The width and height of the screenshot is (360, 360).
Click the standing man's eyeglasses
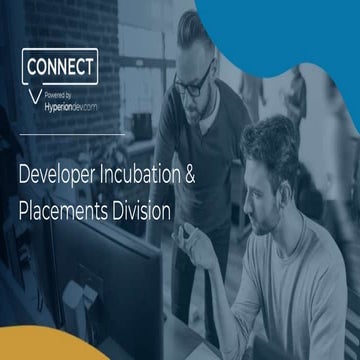point(193,82)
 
